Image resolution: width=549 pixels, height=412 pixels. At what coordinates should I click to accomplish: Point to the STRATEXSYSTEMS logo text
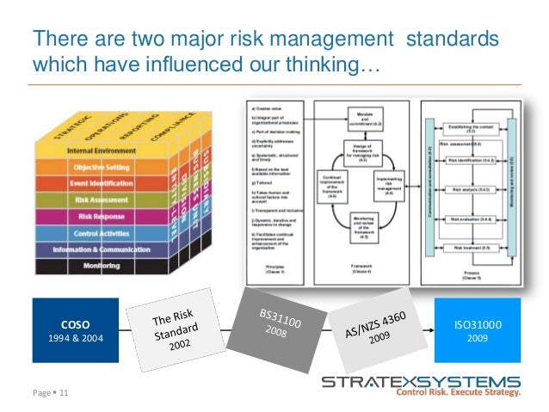[x=420, y=380]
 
